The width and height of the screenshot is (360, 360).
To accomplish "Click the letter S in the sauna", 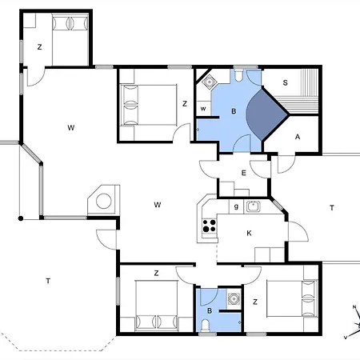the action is tap(285, 82).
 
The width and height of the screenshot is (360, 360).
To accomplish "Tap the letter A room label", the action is tap(298, 137).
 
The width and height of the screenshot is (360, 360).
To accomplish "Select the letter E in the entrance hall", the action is tap(243, 173).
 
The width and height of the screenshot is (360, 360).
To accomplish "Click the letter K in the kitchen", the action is tap(249, 234).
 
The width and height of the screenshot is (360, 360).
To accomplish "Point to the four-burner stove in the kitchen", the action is tap(210, 226).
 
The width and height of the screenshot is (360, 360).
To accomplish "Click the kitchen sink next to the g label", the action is tap(253, 206).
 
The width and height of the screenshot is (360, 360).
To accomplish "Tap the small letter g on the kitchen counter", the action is tap(236, 206).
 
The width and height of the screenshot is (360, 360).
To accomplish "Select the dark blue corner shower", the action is tap(266, 114).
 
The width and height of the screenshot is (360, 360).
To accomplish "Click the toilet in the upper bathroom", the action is tap(238, 75).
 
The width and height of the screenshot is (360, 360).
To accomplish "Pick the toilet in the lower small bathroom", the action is tap(205, 326).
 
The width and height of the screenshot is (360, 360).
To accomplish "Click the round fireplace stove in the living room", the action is tap(104, 201).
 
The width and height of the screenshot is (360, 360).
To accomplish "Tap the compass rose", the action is tap(354, 322).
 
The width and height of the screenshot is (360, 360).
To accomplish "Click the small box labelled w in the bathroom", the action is tap(203, 109).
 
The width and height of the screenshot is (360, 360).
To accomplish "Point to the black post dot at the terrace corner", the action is tap(21, 218).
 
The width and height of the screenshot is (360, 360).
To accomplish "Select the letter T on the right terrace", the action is tap(332, 207).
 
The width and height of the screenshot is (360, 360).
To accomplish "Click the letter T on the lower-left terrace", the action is tap(48, 281).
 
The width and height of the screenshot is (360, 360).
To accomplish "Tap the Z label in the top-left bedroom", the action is tap(39, 47).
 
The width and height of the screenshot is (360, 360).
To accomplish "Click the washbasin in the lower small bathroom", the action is tap(234, 299).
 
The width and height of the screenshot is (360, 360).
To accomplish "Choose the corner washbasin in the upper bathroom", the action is tap(209, 81).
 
